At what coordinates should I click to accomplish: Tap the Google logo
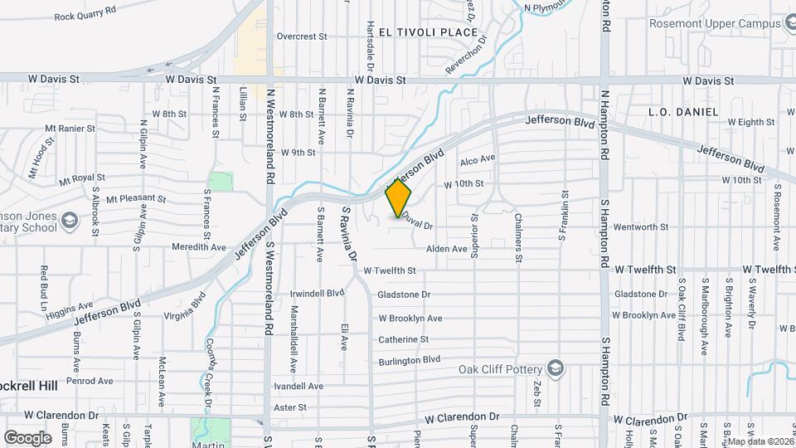point(27,437)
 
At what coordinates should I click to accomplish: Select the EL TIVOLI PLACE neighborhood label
point(428,32)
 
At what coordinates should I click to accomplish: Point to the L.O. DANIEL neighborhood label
point(677,111)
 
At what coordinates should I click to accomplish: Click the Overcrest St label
point(303,37)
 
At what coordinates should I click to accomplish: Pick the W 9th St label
point(298,153)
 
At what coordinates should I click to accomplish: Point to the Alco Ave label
point(478,158)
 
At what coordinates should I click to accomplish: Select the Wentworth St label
point(641,226)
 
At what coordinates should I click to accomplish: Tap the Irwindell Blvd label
point(317,293)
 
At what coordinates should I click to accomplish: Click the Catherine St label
point(404,339)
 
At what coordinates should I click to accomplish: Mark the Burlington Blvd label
point(409,360)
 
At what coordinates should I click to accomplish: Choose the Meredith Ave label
point(199,247)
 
